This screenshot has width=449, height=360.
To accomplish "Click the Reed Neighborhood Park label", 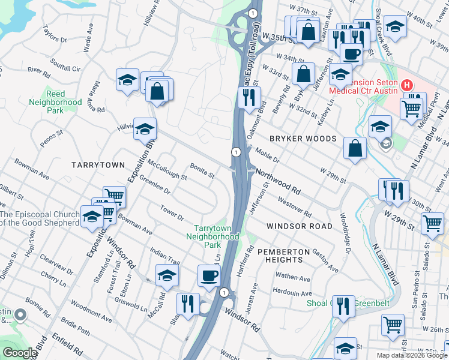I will (55, 103).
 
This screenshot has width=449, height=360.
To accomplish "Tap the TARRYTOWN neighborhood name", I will (98, 164).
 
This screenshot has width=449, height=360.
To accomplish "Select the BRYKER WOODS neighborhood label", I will (303, 139).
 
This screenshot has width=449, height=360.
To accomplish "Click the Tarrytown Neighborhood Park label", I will (216, 236).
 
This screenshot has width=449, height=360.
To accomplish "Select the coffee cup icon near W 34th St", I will (351, 53).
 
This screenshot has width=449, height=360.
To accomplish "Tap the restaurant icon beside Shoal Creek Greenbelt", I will (343, 306).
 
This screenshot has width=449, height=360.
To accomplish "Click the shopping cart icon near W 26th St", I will (393, 325).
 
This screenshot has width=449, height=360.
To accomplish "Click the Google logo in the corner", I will (20, 353).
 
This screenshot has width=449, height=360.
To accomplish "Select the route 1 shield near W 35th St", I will (253, 13).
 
